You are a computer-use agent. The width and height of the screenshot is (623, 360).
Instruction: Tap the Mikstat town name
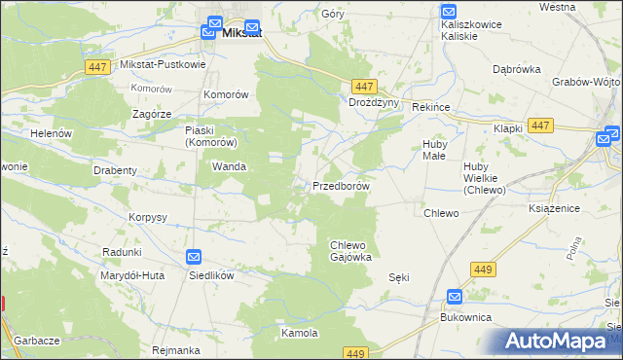(240, 33)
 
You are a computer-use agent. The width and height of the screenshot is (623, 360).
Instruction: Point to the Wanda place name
(228, 167)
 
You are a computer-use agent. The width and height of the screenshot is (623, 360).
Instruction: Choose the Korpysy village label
(149, 217)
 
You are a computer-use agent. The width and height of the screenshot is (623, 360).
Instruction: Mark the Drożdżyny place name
(375, 102)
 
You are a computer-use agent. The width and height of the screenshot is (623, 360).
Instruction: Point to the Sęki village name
(398, 277)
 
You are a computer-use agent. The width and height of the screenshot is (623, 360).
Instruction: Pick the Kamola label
(300, 333)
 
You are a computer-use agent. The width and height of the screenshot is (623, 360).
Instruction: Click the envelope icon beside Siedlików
(194, 257)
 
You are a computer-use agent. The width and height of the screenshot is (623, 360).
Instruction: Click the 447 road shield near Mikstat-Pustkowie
(95, 66)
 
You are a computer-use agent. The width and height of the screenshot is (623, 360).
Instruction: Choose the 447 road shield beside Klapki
(542, 126)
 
